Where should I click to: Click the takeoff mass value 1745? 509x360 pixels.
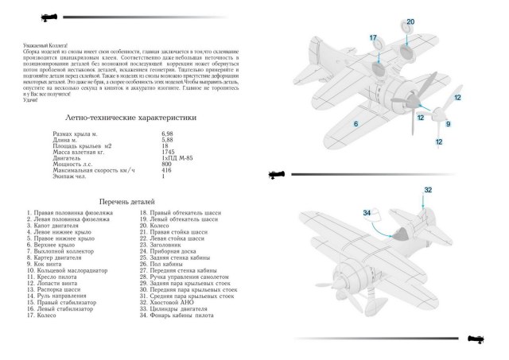click(168, 151)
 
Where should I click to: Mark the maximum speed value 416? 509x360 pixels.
click(166, 170)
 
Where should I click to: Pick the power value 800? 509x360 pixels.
click(166, 164)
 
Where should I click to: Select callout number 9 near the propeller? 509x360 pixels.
click(447, 124)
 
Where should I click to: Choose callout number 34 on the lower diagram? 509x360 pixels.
click(367, 212)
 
